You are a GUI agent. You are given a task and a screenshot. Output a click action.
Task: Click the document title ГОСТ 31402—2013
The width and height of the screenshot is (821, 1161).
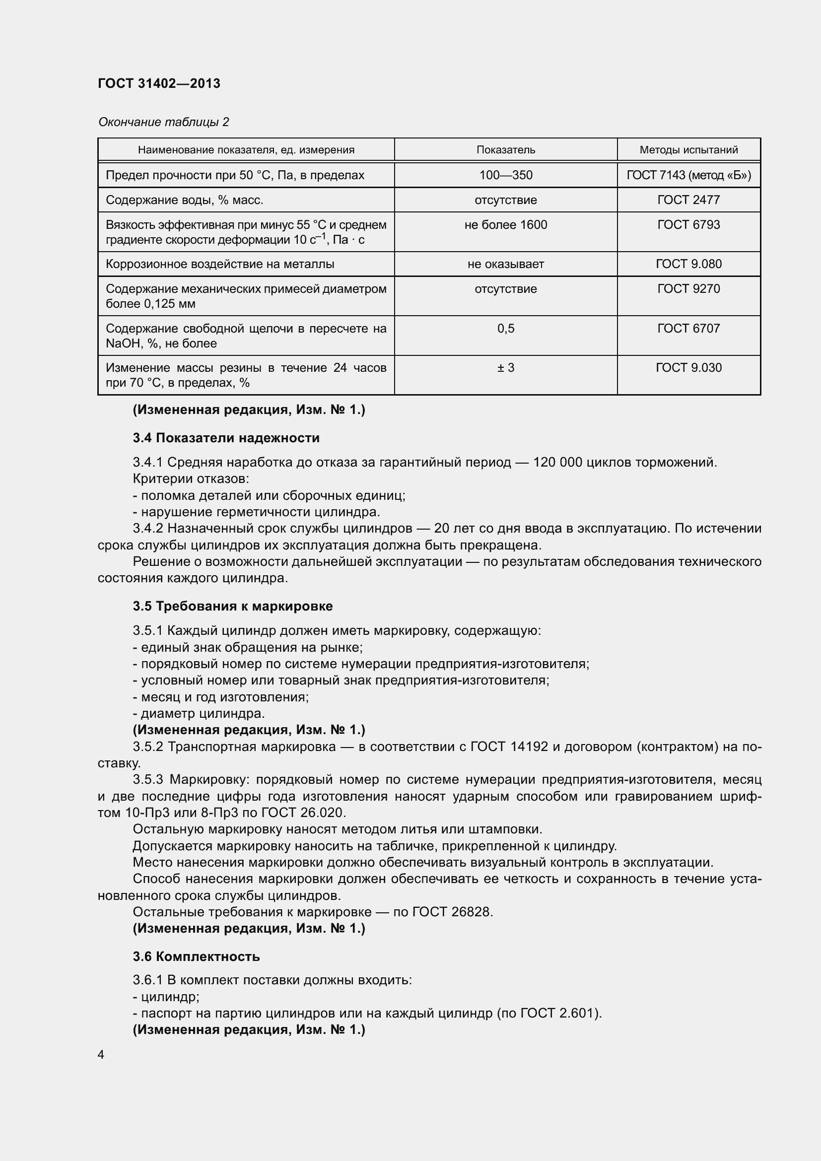[x=159, y=83]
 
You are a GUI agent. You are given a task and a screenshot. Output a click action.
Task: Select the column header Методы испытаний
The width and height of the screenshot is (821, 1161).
[x=688, y=150]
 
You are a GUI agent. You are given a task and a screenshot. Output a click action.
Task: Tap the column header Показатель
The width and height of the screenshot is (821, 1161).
[x=505, y=150]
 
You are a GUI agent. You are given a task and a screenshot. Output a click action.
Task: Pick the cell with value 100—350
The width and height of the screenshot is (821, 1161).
[x=505, y=175]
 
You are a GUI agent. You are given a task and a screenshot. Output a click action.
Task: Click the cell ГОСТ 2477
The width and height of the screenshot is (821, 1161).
[x=688, y=200]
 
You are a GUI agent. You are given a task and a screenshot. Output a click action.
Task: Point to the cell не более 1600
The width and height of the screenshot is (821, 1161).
[x=505, y=224]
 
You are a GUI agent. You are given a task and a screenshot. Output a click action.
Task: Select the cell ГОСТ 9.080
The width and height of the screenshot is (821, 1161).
[x=688, y=264]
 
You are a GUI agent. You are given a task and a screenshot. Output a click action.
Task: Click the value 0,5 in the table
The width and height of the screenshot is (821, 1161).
[x=505, y=329]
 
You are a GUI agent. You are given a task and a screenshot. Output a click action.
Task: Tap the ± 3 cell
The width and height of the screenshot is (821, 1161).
[x=505, y=368]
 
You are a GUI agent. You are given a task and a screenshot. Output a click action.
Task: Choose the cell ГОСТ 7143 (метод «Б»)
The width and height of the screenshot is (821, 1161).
[x=688, y=175]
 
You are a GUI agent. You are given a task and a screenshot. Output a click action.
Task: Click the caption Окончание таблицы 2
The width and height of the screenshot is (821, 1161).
[x=163, y=122]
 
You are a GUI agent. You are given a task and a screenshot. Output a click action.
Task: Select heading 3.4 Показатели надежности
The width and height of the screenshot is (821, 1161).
[x=226, y=438]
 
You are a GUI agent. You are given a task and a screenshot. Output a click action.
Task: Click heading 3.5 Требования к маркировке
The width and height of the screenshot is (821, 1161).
[x=232, y=606]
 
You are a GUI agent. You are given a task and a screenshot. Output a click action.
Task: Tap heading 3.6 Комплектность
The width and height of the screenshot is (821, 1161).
[x=196, y=956]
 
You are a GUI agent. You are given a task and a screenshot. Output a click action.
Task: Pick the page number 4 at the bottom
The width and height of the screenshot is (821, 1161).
[x=101, y=1054]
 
